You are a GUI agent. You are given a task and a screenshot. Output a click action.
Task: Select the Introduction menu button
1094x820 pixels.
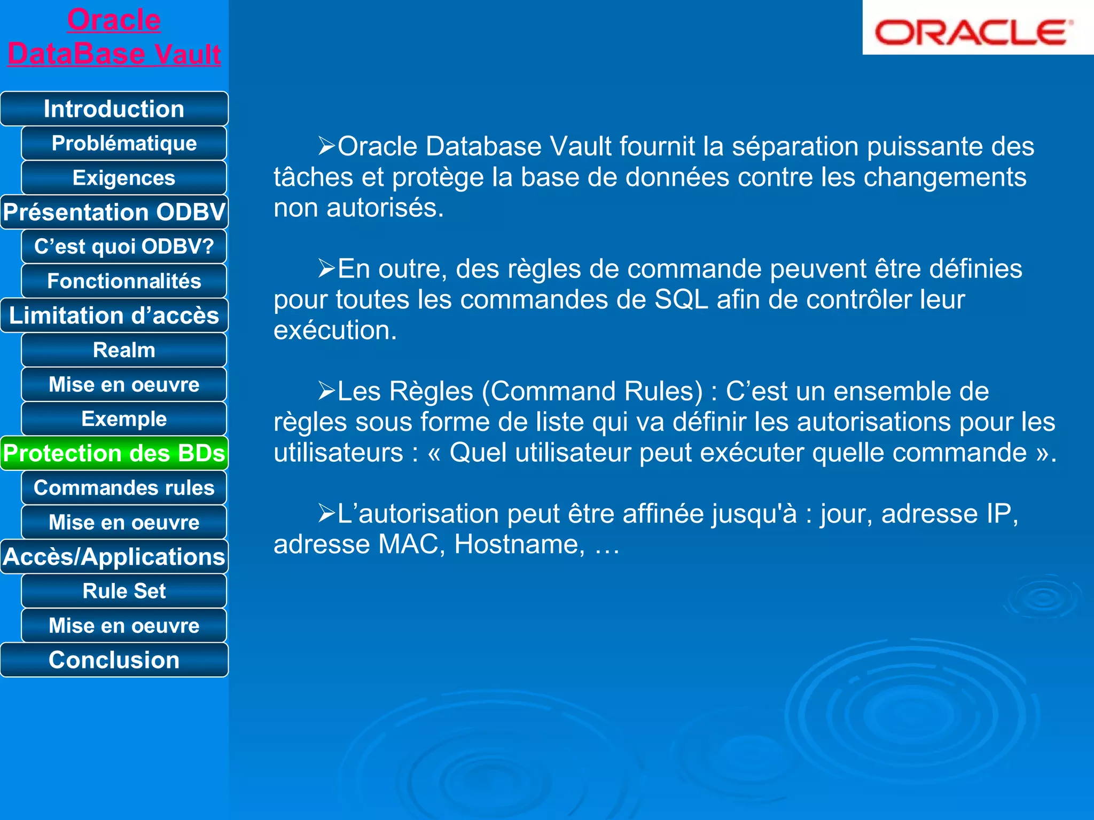[x=114, y=109]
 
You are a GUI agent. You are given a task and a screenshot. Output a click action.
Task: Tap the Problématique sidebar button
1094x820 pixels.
[x=124, y=143]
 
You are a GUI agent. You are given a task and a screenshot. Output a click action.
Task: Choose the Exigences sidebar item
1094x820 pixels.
[x=124, y=178]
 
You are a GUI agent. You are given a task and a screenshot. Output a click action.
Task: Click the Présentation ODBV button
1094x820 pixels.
[x=114, y=212]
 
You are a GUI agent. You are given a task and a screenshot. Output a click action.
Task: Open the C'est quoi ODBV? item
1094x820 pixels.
[x=124, y=247]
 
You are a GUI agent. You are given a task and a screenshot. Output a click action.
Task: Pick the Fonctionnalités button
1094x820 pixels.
[x=124, y=281]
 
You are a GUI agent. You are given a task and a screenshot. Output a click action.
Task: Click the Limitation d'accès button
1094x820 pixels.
[x=114, y=316]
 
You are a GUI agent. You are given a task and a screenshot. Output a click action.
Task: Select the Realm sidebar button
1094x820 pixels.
[x=124, y=350]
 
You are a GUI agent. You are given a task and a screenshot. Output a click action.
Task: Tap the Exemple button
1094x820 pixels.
[x=124, y=419]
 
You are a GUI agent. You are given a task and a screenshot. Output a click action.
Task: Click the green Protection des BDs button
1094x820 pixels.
[x=114, y=453]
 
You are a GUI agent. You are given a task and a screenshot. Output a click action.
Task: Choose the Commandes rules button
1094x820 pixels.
[x=124, y=488]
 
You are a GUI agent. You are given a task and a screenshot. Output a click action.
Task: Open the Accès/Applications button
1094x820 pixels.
[x=114, y=557]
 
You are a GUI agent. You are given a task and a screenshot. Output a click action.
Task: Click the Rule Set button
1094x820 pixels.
[x=124, y=591]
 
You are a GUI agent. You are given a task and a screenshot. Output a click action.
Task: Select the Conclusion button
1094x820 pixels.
[x=114, y=660]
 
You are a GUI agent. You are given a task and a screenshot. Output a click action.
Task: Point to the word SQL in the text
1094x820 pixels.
[x=681, y=300]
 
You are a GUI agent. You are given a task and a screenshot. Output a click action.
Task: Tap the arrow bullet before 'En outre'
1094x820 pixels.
[x=326, y=269]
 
